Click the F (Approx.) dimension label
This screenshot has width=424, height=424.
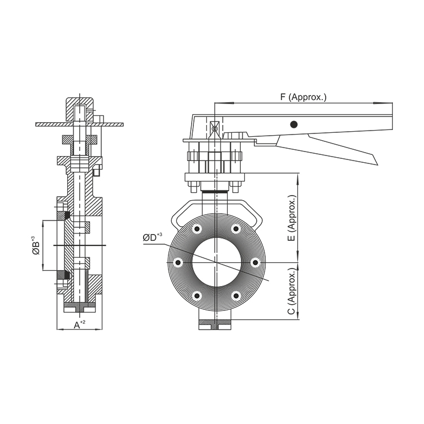(304, 97)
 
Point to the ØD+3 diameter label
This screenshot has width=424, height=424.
(152, 237)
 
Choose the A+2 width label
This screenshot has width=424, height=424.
(80, 324)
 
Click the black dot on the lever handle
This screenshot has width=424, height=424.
(293, 124)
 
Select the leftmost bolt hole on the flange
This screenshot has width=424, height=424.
(178, 262)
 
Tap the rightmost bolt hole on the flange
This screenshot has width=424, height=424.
(255, 262)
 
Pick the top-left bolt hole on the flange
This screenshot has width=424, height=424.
(197, 229)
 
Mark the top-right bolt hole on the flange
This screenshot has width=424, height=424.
(236, 229)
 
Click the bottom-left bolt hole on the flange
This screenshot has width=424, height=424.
(197, 296)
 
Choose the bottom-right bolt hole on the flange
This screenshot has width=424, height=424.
(236, 296)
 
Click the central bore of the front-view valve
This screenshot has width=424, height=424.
(216, 262)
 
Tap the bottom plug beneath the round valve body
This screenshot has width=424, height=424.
(215, 325)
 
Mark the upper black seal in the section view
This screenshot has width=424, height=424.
(66, 215)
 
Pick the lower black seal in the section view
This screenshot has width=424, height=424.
(66, 275)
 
